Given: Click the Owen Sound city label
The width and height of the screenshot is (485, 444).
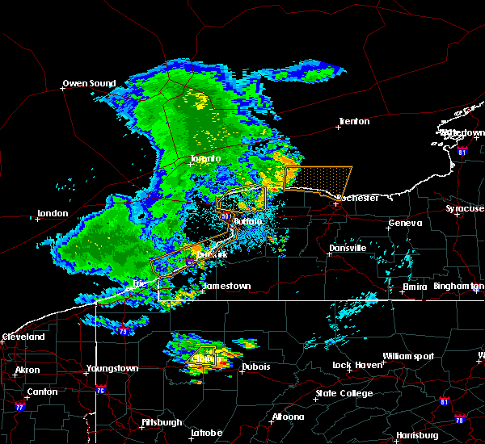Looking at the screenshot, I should [x=90, y=83].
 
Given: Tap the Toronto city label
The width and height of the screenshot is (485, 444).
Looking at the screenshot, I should [x=205, y=158].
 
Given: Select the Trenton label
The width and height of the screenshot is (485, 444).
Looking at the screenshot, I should [x=354, y=121].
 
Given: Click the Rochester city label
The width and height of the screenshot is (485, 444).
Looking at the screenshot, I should [x=357, y=197].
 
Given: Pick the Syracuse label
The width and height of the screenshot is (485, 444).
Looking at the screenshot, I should [x=465, y=208].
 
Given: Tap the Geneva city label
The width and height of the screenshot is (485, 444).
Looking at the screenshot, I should [x=405, y=223].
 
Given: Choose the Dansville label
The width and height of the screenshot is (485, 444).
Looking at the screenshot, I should [x=348, y=248].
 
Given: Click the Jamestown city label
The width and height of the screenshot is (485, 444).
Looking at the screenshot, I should [x=226, y=286].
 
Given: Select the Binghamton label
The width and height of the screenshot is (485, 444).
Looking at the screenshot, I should [x=458, y=286].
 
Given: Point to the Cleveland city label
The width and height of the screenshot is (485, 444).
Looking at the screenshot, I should [x=22, y=336].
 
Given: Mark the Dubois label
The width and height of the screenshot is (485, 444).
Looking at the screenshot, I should [x=256, y=367].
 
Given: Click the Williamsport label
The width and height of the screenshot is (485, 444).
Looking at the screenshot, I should [x=408, y=356].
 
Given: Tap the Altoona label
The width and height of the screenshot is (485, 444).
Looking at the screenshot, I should [x=288, y=417].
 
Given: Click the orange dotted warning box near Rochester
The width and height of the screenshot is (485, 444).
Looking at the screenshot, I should [x=319, y=178].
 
